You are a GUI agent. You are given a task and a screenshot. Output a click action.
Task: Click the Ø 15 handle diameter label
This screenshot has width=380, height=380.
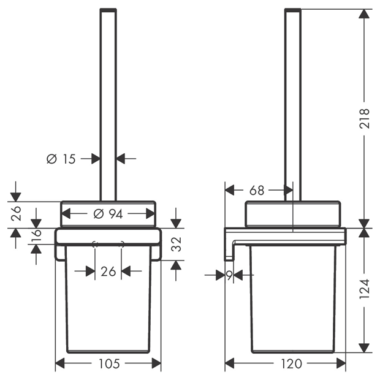[x=61, y=159]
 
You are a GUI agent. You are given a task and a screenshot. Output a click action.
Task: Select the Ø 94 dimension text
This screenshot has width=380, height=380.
[x=108, y=214]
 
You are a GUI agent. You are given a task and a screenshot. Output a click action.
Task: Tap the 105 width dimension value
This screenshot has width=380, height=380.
[x=109, y=363]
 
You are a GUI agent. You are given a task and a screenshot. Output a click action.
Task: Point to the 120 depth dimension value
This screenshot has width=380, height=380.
[x=291, y=363]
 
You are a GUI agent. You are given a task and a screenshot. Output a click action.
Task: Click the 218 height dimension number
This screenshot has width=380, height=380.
[x=364, y=118]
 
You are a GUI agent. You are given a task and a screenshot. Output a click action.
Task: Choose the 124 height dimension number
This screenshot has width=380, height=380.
[x=364, y=289]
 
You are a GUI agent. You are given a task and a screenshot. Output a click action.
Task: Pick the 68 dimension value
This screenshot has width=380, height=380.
[x=257, y=191]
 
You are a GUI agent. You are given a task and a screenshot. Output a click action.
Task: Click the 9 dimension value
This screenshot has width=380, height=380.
[x=229, y=275]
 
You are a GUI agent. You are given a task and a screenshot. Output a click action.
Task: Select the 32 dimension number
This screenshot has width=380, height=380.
[x=176, y=244]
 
